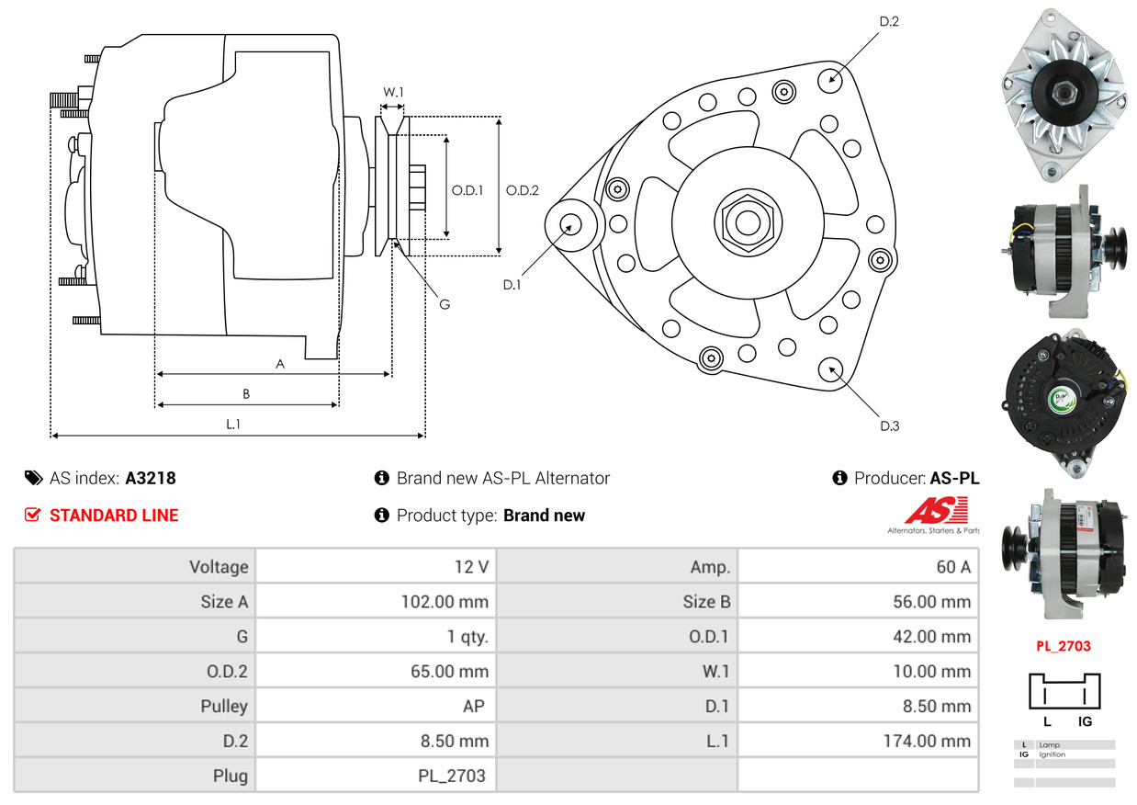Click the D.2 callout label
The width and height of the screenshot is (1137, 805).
coord(888,21)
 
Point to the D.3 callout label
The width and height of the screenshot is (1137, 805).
coord(889,425)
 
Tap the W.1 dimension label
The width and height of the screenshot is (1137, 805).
coord(393,92)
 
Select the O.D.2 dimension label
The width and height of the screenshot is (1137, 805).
coord(523,190)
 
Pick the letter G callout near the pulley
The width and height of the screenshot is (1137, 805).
coord(444,304)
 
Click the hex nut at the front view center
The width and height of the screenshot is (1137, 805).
coord(745,221)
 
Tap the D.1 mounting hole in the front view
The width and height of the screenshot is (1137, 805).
coord(571,224)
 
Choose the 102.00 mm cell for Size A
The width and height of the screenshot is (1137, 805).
coord(376,602)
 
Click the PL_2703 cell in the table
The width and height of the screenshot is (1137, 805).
coord(376,775)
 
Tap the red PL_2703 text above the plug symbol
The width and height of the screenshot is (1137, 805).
coord(1064,646)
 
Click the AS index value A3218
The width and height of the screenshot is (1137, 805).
coord(151,478)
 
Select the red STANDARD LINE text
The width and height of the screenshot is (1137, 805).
coord(114,516)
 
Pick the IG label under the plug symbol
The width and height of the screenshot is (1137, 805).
coord(1084,721)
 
